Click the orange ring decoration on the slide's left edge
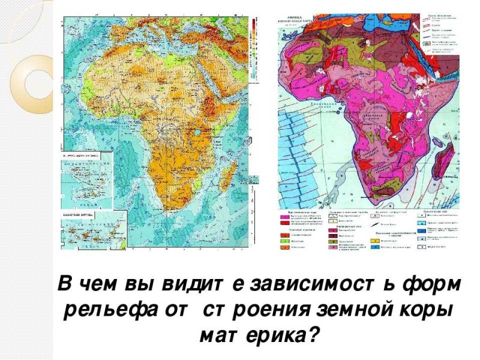point(33,84)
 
